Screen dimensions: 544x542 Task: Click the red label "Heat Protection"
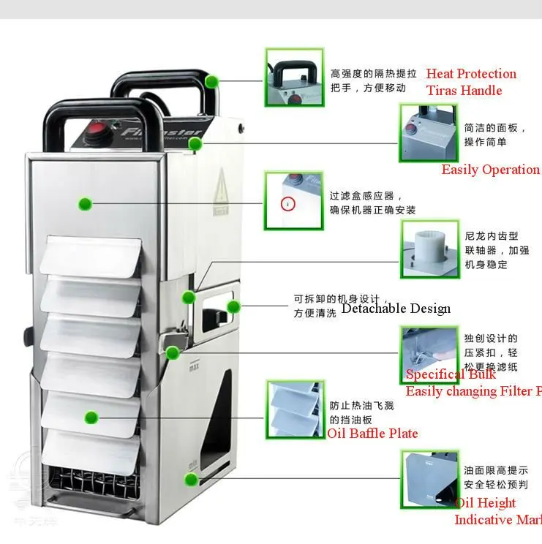click(470, 74)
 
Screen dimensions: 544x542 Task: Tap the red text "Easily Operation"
click(490, 170)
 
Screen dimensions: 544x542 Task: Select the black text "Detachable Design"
click(396, 308)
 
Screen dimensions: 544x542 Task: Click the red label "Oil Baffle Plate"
click(372, 434)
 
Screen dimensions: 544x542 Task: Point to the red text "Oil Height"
click(485, 503)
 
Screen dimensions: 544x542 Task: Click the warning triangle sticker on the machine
click(221, 192)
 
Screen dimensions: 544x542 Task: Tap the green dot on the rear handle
click(211, 81)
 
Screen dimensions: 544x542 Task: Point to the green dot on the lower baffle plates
click(91, 418)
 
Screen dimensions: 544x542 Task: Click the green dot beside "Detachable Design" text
click(233, 306)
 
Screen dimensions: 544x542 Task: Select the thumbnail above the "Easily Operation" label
click(428, 132)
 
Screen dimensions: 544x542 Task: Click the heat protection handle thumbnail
click(293, 78)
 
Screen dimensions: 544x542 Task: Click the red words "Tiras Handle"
click(464, 91)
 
